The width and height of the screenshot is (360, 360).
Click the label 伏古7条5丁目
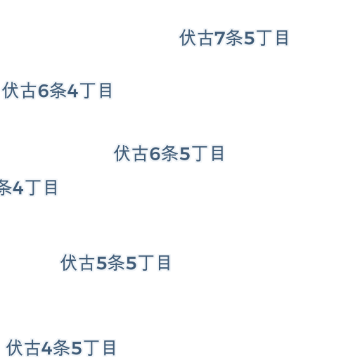click(x=234, y=38)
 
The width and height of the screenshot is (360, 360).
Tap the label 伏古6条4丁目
click(x=58, y=91)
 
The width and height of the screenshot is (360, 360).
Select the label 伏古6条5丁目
click(x=169, y=153)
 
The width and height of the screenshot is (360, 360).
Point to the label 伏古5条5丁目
click(x=115, y=263)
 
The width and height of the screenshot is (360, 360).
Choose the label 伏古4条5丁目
click(x=61, y=348)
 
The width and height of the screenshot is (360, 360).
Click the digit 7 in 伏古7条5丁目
click(x=219, y=38)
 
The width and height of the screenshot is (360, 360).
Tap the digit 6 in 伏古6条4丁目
click(x=43, y=91)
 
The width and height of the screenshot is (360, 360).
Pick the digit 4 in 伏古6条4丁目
click(x=72, y=91)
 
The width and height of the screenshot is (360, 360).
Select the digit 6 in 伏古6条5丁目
click(x=155, y=153)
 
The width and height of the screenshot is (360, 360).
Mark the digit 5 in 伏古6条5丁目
click(x=185, y=154)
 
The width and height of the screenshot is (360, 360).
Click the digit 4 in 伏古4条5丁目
click(x=46, y=348)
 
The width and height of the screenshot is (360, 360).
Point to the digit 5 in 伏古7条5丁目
click(x=250, y=38)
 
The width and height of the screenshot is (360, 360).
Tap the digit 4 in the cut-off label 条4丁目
click(x=18, y=188)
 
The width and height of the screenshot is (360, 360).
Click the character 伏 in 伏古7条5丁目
click(x=188, y=38)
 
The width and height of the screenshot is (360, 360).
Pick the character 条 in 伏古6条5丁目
click(x=170, y=153)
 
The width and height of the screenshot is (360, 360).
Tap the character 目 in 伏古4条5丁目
click(x=110, y=348)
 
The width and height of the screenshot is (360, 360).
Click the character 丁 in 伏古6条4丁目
click(x=89, y=91)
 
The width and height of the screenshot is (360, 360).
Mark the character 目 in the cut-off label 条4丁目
click(x=51, y=188)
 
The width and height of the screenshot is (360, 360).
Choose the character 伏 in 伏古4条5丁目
click(x=15, y=348)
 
